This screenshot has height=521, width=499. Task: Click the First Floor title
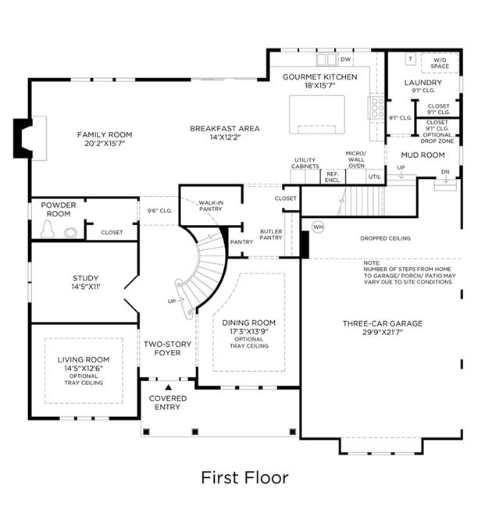(x=245, y=478)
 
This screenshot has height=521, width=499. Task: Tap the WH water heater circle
(x=318, y=227)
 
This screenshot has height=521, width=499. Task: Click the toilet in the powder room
(x=47, y=229)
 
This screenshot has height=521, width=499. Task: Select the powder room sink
(x=71, y=233)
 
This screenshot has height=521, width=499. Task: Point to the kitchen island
(x=317, y=115)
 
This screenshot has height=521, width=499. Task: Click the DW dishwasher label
(x=346, y=59)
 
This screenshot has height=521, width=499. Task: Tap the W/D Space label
(x=440, y=63)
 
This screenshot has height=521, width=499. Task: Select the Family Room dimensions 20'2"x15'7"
(x=105, y=144)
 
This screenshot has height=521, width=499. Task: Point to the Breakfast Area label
(x=225, y=129)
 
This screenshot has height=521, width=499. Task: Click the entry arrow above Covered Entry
(x=169, y=387)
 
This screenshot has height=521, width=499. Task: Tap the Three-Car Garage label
(x=383, y=323)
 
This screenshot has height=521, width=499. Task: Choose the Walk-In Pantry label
(x=211, y=205)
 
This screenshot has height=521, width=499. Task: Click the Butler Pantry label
(x=271, y=234)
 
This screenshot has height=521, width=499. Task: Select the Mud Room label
(x=423, y=155)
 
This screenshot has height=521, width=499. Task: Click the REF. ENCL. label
(x=333, y=177)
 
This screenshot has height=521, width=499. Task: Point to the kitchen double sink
(x=326, y=59)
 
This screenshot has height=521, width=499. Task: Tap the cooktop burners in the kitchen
(x=377, y=108)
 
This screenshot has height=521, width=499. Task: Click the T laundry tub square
(x=411, y=59)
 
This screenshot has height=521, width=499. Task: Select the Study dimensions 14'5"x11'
(x=86, y=287)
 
